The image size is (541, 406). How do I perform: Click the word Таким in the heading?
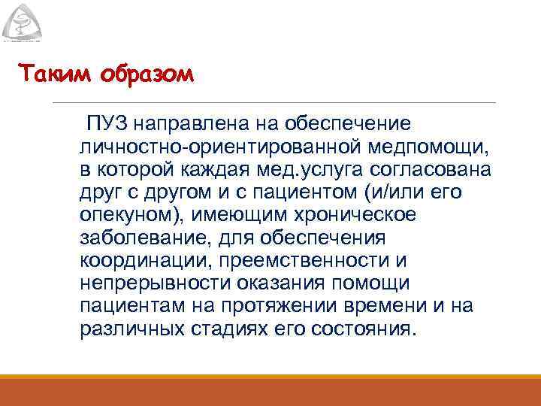point(47,75)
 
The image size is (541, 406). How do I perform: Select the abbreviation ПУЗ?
point(104,122)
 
